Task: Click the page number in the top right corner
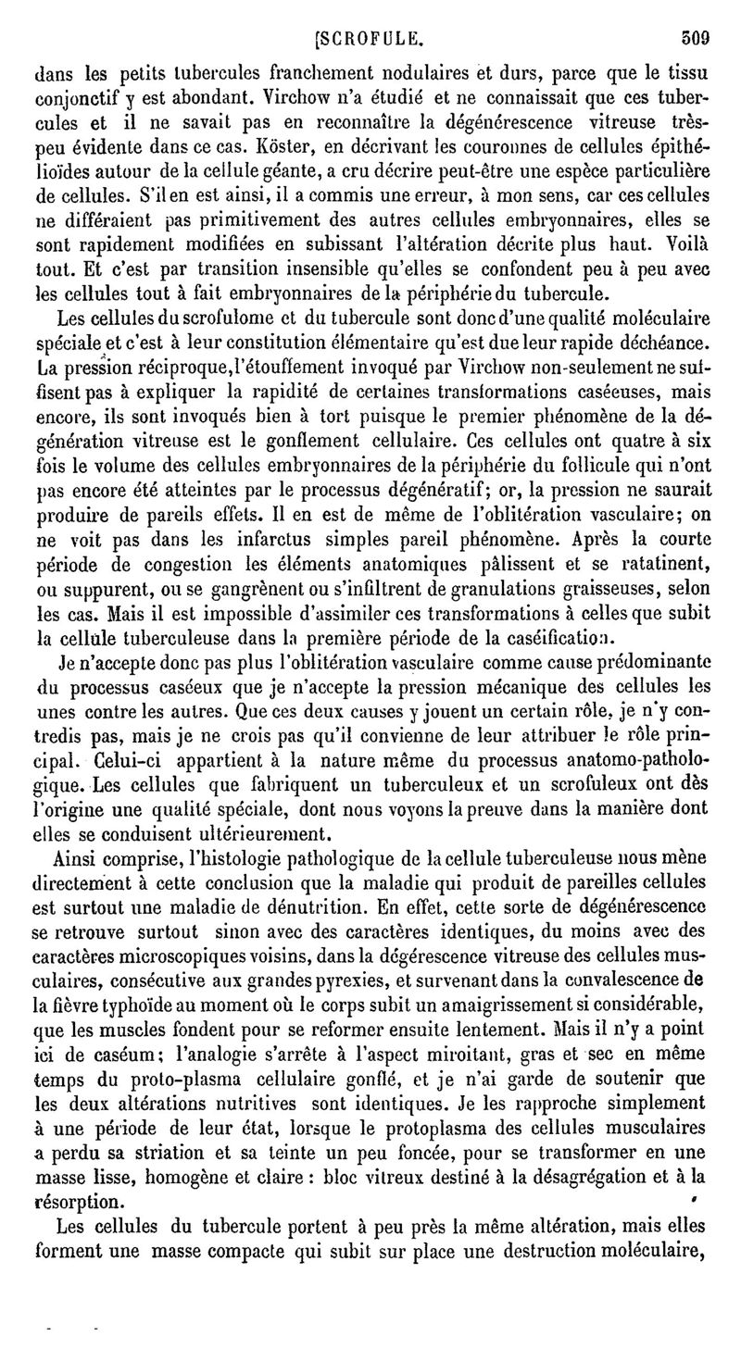pos(695,39)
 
